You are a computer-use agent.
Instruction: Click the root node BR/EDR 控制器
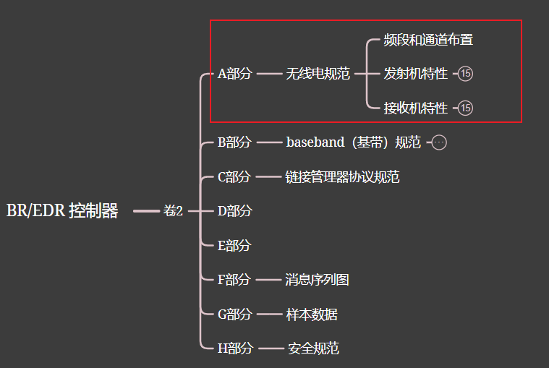pyautogui.click(x=62, y=211)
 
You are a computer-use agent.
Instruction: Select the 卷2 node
pyautogui.click(x=173, y=211)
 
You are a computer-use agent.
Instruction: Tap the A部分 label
pyautogui.click(x=235, y=74)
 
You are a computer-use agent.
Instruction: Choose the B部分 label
pyautogui.click(x=234, y=142)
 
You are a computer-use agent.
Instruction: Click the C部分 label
pyautogui.click(x=234, y=177)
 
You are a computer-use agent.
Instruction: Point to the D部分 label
pyautogui.click(x=235, y=211)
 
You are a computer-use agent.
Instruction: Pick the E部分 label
pyautogui.click(x=234, y=246)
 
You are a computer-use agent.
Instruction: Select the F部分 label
pyautogui.click(x=234, y=280)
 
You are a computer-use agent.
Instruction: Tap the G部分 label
pyautogui.click(x=235, y=314)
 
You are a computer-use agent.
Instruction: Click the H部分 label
pyautogui.click(x=235, y=348)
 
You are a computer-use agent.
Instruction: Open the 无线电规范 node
pyautogui.click(x=318, y=74)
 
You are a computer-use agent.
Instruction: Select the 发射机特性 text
pyautogui.click(x=416, y=74)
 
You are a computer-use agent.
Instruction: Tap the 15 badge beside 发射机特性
pyautogui.click(x=466, y=74)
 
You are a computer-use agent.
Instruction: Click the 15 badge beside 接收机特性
pyautogui.click(x=466, y=108)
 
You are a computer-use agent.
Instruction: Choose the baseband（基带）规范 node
pyautogui.click(x=353, y=142)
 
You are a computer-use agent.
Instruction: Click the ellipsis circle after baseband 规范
pyautogui.click(x=439, y=142)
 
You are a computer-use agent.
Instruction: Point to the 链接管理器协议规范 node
pyautogui.click(x=343, y=177)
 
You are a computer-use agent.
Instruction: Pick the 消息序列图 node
pyautogui.click(x=318, y=280)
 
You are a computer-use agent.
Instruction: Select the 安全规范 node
pyautogui.click(x=313, y=348)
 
